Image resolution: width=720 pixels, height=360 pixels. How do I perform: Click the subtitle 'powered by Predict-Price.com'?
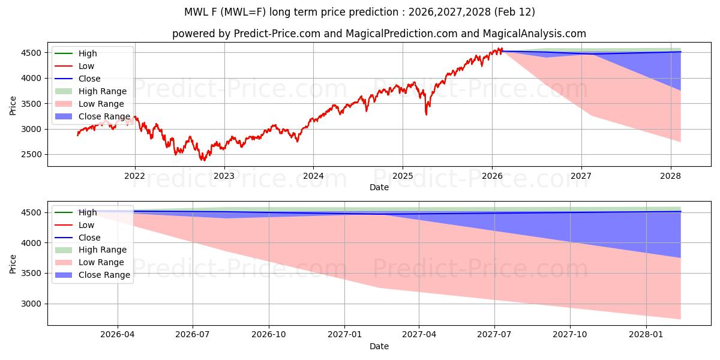379,34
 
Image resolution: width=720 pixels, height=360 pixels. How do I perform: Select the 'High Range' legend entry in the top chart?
102,91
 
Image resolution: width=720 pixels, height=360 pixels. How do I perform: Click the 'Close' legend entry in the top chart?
89,79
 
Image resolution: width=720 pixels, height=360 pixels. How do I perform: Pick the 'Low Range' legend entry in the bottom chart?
101,262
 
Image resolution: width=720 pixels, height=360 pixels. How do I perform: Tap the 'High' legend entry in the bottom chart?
88,212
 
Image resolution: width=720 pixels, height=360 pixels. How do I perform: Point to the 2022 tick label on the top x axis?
134,176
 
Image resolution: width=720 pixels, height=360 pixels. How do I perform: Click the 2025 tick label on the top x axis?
402,176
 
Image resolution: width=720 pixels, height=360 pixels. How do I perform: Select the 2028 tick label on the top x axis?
670,176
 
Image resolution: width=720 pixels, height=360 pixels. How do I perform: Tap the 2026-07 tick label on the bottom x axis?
193,335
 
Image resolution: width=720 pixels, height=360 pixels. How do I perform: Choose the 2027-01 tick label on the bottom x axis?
344,335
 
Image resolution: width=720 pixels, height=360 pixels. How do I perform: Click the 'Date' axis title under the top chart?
379,187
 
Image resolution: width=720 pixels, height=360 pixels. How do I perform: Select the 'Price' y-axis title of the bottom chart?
13,263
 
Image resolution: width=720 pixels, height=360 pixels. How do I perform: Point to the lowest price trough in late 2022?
203,160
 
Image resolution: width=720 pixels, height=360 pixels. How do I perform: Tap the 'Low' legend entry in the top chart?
86,66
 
